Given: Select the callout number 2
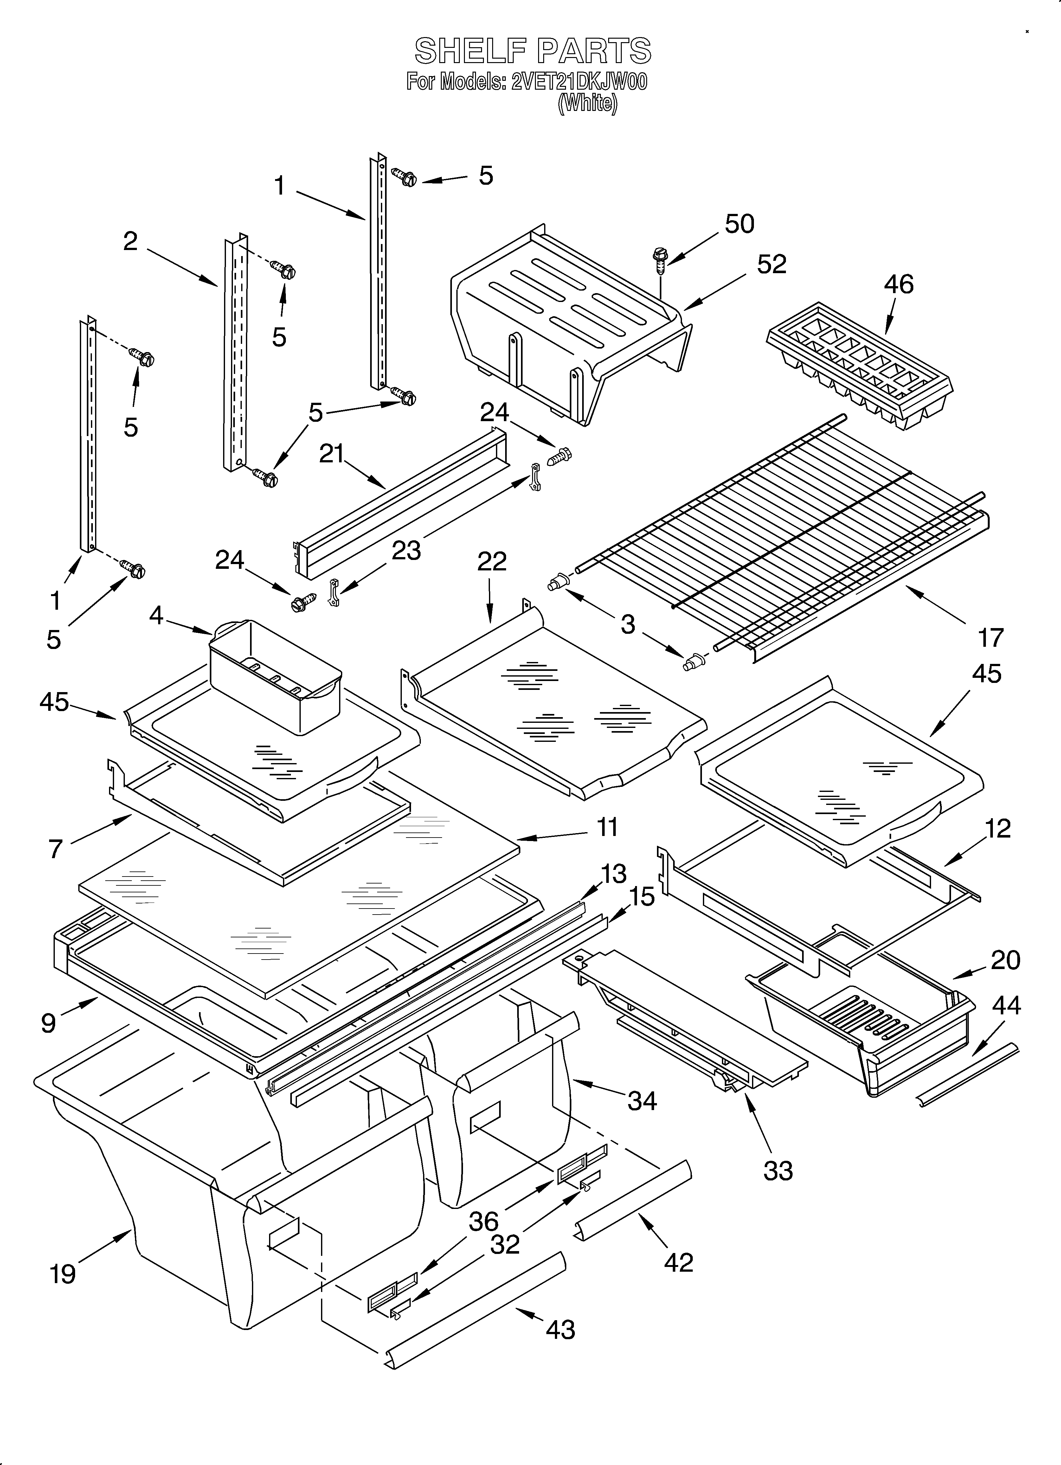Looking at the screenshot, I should (131, 241).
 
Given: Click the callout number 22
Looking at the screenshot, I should (492, 561).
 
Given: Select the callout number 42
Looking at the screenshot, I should (678, 1262).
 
